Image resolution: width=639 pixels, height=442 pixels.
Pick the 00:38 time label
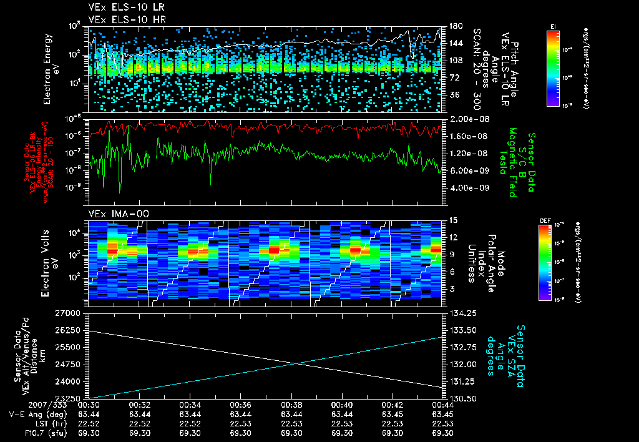(x=291, y=405)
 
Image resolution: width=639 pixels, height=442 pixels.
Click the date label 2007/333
(x=22, y=405)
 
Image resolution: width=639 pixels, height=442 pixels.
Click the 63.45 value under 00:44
(x=442, y=414)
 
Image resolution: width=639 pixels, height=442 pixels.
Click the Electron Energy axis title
(x=49, y=64)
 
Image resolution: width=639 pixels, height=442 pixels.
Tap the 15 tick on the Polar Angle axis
(x=452, y=220)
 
